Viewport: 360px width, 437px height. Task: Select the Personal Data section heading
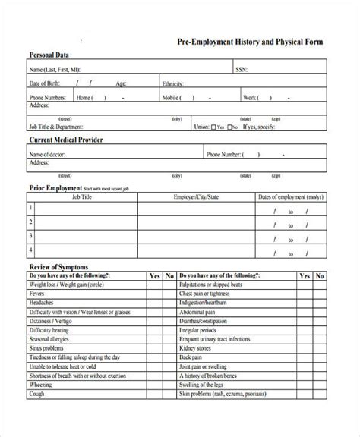51,55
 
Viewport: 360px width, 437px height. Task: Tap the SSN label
242,69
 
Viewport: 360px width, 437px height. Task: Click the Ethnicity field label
172,83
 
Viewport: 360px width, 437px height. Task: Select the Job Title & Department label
55,127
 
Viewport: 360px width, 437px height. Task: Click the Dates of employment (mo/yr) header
289,197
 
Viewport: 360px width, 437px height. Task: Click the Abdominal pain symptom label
197,312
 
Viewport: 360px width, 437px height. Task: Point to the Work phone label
250,97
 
